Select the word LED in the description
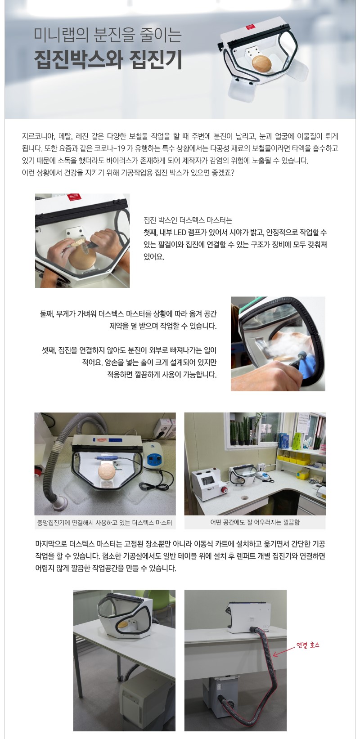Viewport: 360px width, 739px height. tap(180, 233)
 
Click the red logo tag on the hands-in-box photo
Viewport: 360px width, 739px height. tap(72, 197)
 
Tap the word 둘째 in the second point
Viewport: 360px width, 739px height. tap(46, 314)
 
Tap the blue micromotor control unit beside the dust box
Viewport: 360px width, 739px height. tap(153, 455)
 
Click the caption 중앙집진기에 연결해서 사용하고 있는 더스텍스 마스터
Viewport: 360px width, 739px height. tap(104, 523)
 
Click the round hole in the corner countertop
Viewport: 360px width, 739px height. tap(244, 497)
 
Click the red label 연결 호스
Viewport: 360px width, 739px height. tap(308, 645)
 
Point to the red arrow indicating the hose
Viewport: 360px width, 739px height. tap(284, 651)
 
